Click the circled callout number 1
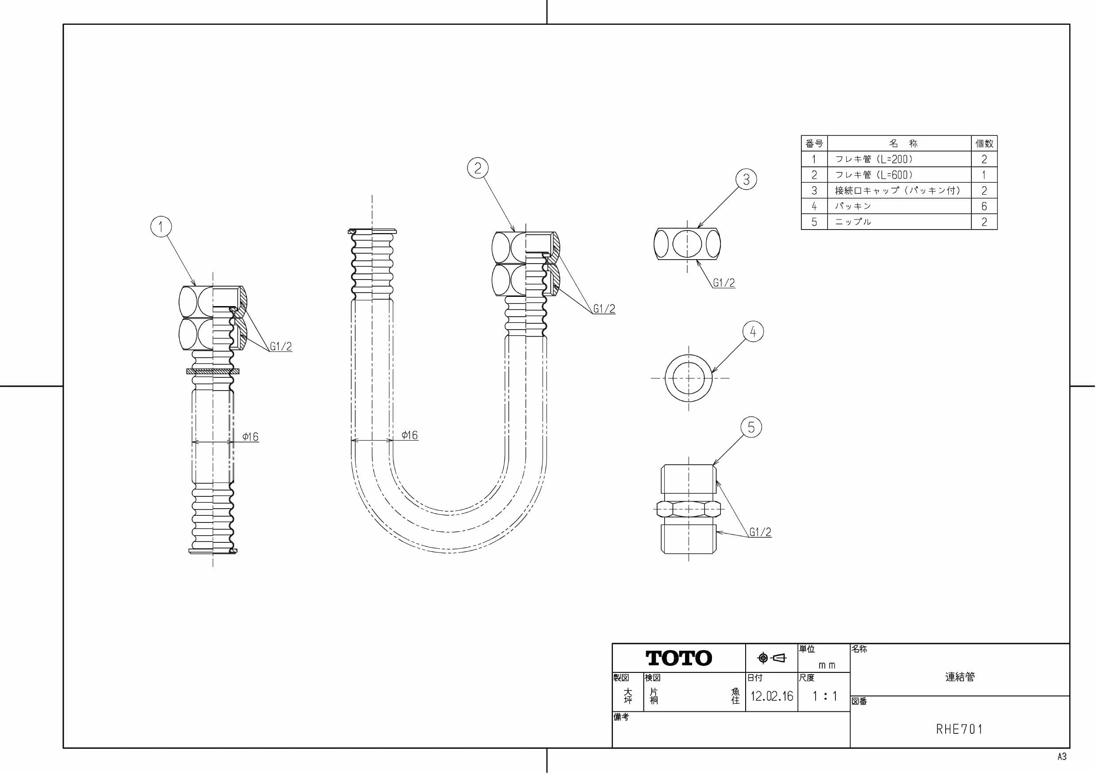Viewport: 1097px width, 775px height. pos(161,226)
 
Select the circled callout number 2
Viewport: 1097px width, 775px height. pos(478,168)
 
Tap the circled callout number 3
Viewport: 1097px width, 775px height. pos(746,180)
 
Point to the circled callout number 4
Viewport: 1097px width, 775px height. pos(754,331)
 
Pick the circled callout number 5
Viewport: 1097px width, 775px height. pos(751,427)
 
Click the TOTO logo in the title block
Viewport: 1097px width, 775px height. pos(679,658)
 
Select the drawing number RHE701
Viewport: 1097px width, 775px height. pos(959,729)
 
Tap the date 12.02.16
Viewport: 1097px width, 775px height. pos(772,696)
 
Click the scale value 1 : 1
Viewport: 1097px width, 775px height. pos(825,696)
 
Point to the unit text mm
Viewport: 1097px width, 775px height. pos(827,666)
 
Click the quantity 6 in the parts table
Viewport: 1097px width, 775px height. pos(984,206)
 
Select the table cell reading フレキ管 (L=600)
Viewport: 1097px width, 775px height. pos(874,175)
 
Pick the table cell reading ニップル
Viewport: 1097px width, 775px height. pos(853,222)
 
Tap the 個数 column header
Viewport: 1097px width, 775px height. pos(984,143)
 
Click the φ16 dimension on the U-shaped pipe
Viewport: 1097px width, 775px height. pos(409,435)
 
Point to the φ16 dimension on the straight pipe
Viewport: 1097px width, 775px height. pos(250,437)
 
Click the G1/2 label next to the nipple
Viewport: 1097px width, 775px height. pos(760,532)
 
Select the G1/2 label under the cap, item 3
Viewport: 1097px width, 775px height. pos(724,283)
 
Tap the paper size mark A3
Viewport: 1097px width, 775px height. pos(1062,757)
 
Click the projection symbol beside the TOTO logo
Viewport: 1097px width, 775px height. pos(772,658)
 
